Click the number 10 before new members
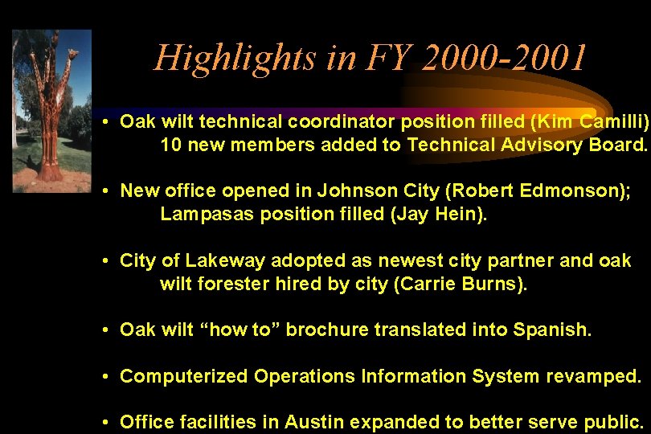pos(170,145)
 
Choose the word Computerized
pos(184,376)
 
